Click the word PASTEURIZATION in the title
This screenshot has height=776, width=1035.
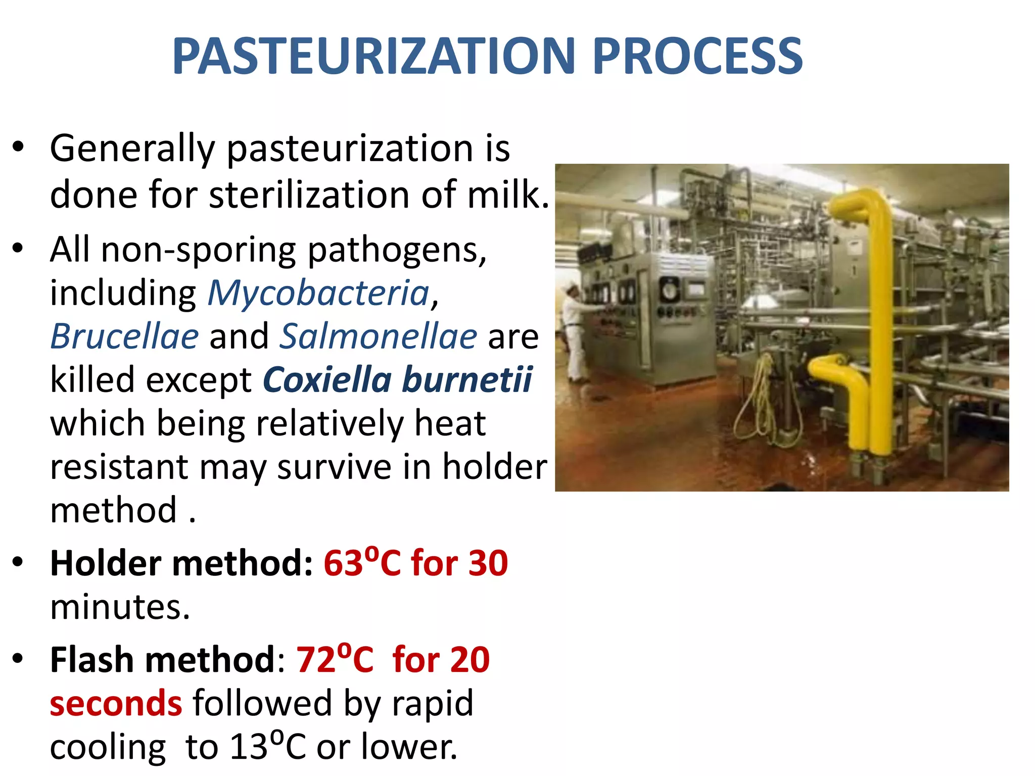coord(374,57)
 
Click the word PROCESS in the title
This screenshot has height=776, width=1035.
coord(697,57)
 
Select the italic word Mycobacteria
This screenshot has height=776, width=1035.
coord(318,293)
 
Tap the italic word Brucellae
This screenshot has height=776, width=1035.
coord(124,336)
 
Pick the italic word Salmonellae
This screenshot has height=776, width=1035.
coord(379,336)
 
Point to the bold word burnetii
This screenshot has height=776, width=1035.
coord(467,380)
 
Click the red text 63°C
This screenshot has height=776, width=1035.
coord(362,563)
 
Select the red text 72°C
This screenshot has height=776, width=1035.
coord(335,659)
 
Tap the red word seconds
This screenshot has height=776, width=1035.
coord(116,703)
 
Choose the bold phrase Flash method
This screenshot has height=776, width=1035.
coord(162,659)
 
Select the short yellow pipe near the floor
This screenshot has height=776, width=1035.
coord(849,394)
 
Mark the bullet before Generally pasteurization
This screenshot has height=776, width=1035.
coord(19,148)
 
